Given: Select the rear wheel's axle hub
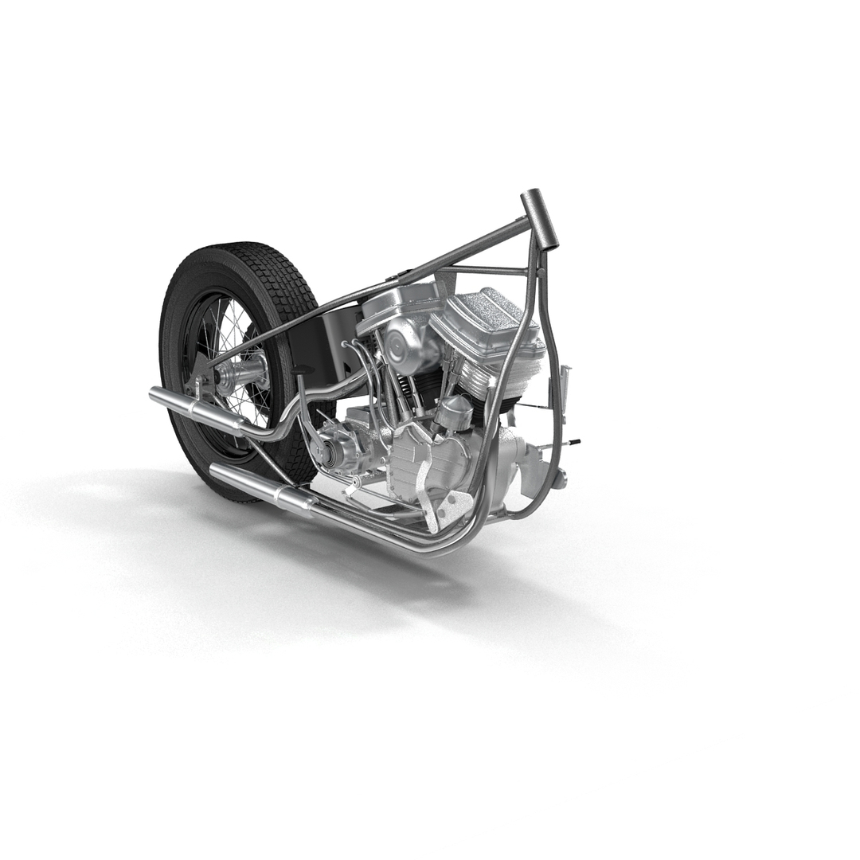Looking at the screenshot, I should (x=239, y=373).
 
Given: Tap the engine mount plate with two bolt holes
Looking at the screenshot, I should (x=448, y=506).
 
